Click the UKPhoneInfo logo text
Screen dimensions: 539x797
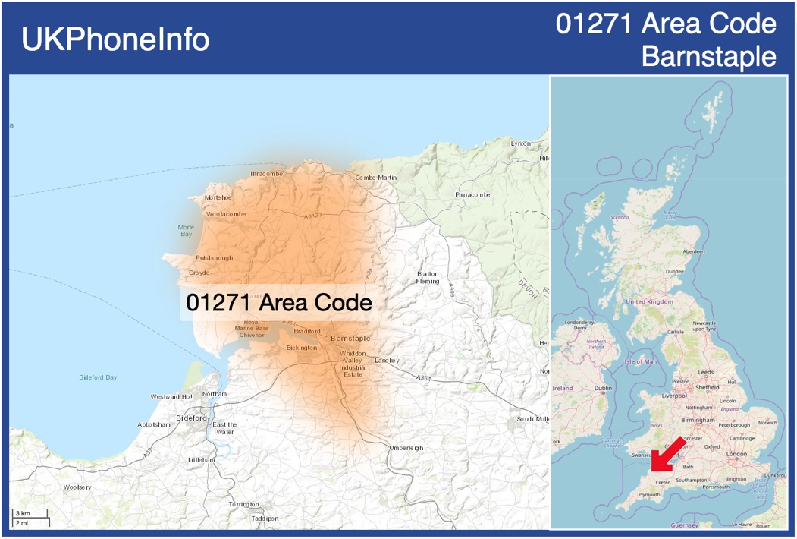(115, 39)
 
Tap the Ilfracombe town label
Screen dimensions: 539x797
(266, 174)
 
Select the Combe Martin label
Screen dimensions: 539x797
(376, 178)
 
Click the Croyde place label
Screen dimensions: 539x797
(199, 273)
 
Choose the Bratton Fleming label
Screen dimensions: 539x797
(428, 277)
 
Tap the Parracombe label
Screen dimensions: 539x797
(472, 195)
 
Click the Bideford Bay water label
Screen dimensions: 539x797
(98, 377)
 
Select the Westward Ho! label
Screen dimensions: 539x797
(171, 397)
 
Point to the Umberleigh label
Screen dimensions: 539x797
(406, 448)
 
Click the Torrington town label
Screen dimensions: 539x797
(243, 504)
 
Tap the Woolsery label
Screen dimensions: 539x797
(77, 487)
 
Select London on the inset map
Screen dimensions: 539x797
(736, 454)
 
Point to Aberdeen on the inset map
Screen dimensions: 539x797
(693, 251)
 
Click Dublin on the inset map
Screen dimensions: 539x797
(603, 388)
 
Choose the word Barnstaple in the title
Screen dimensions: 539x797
(708, 56)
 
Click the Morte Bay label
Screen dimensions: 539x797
(186, 231)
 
